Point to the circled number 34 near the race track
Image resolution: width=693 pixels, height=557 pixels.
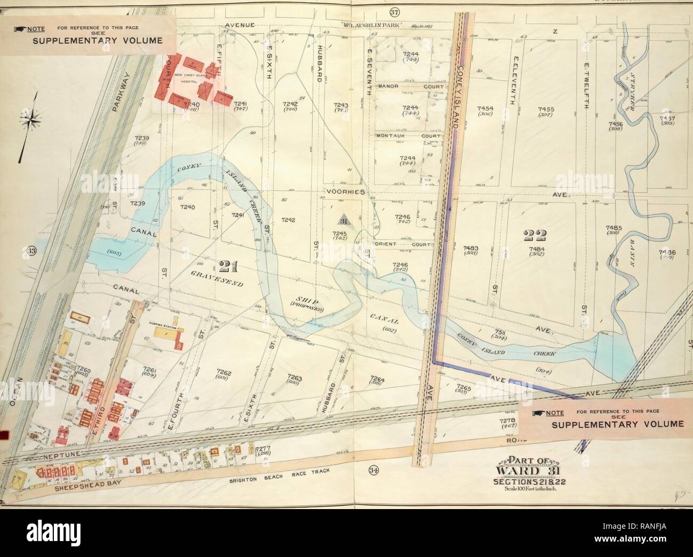tap(373, 470)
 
